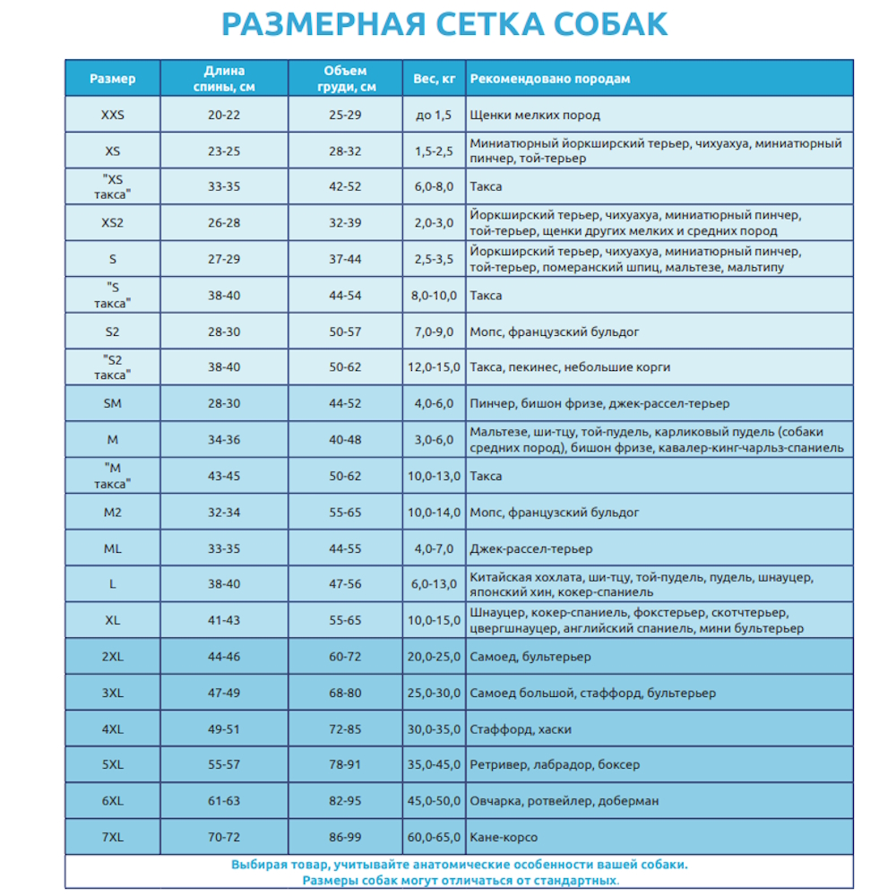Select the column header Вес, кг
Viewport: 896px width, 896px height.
[435, 79]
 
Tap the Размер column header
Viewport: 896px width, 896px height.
[113, 79]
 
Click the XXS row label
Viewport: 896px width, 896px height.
[113, 115]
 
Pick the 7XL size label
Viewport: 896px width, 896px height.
[113, 837]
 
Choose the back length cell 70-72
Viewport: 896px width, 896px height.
[224, 837]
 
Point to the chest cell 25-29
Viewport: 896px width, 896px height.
[345, 115]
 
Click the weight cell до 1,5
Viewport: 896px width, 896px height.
[435, 115]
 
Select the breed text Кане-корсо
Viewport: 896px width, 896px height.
[504, 837]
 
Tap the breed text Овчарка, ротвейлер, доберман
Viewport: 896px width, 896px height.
[564, 801]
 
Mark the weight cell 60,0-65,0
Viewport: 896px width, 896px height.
[435, 837]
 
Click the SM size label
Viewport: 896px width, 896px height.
[113, 403]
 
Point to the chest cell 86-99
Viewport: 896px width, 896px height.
[345, 837]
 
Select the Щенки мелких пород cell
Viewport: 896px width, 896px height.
[535, 115]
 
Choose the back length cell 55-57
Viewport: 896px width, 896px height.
[224, 765]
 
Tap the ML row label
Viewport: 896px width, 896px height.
[113, 548]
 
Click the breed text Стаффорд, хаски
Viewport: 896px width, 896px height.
[521, 729]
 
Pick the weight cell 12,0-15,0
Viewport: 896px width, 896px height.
[435, 367]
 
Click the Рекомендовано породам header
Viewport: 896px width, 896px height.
[550, 79]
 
